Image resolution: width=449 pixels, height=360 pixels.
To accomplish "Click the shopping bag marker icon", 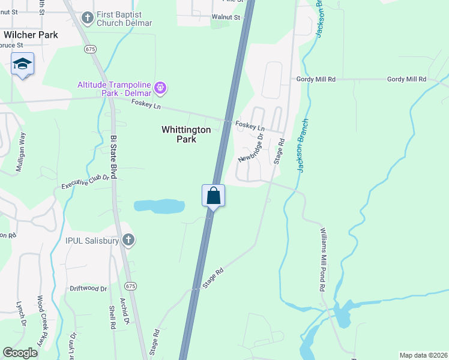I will (213, 196).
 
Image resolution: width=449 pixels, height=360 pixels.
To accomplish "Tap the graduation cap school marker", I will (22, 64).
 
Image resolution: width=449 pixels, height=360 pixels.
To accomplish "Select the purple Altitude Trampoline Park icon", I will (160, 88).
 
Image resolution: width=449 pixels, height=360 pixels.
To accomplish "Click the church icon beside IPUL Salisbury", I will (128, 241).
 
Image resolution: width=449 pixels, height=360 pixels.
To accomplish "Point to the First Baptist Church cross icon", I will (87, 17).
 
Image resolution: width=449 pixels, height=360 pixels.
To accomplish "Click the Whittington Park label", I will (186, 134).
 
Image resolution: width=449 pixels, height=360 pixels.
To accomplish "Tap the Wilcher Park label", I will (31, 35).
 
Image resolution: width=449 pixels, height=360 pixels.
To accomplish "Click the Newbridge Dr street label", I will (251, 148).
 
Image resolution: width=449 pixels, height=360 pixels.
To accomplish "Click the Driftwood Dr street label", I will (88, 289).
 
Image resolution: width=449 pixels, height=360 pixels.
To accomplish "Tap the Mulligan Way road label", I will (21, 152).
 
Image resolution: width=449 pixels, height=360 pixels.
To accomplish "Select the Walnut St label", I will (225, 17).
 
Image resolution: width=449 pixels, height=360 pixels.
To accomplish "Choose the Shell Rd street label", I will (112, 317).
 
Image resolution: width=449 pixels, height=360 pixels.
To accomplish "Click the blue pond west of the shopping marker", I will (158, 206).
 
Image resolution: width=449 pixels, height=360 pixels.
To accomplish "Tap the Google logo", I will (20, 353).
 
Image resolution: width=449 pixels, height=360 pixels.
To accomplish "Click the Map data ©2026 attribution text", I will (423, 355).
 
